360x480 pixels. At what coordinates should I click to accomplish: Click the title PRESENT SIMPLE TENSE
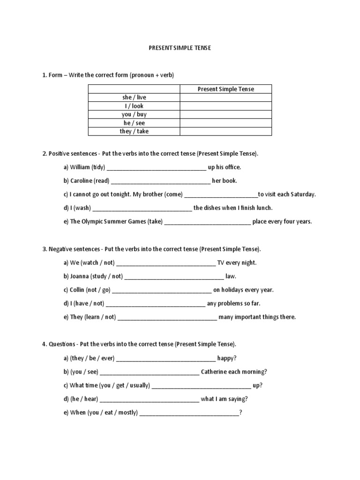[180, 48]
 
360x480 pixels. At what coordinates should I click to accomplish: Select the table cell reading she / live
[134, 97]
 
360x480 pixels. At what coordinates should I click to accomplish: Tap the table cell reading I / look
[134, 106]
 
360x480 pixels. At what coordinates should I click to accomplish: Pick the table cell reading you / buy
[134, 114]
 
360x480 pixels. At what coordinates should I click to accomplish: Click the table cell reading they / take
[134, 131]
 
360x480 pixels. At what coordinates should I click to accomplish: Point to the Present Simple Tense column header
[226, 89]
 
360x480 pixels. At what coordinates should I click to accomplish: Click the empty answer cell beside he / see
[226, 123]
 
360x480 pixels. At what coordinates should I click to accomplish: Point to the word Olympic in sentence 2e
[94, 222]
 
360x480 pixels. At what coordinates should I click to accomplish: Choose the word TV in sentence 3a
[221, 263]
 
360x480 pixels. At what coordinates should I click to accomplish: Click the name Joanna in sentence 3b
[80, 277]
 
